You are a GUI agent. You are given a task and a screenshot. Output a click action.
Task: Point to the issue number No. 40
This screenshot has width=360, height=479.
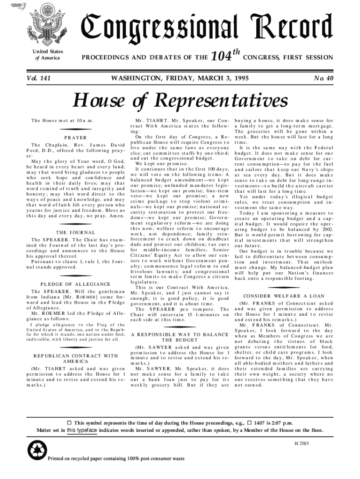coord(323,79)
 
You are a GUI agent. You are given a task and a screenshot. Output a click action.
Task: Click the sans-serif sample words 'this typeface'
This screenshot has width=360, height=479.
coord(82,430)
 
